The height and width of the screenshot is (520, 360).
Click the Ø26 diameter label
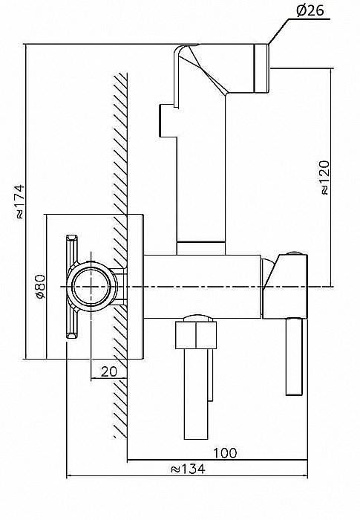[310, 11]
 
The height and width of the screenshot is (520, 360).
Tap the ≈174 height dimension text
[19, 201]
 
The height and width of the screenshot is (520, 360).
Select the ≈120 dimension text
[325, 178]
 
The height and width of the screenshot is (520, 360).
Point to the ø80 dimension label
[40, 287]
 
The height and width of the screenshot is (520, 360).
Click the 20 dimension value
[109, 371]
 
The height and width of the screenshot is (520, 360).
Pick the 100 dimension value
[225, 452]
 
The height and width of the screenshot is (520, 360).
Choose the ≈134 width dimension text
[188, 469]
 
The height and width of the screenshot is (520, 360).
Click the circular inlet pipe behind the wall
[91, 287]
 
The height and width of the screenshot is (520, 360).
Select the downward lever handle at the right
[294, 357]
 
